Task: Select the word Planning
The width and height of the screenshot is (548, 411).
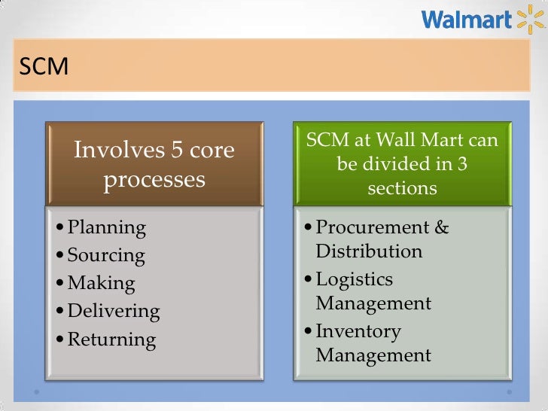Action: [x=107, y=227]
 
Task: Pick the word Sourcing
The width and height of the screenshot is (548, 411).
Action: [x=106, y=255]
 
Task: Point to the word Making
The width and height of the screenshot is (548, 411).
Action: [x=102, y=283]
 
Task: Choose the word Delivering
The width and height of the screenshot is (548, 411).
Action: [x=114, y=311]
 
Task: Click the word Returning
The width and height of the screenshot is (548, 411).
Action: [x=112, y=339]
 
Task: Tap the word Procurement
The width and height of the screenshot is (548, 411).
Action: [x=373, y=227]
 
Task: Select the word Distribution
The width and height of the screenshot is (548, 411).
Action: [x=370, y=251]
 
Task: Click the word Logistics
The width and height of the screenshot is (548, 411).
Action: [x=355, y=279]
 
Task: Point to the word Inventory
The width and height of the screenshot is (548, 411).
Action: [x=358, y=331]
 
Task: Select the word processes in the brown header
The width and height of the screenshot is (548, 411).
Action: [x=154, y=180]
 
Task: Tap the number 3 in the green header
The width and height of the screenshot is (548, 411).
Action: [x=462, y=163]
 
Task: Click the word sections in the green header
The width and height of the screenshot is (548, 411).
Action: [x=402, y=187]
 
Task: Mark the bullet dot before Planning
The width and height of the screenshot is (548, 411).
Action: [x=60, y=228]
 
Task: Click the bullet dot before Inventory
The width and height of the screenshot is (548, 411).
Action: [x=309, y=332]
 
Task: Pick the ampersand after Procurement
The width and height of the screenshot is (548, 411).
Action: [x=442, y=227]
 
